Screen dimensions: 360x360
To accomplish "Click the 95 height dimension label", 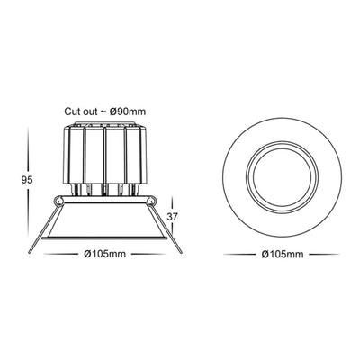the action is [27, 180].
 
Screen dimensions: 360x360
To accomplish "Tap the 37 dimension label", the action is [173, 217].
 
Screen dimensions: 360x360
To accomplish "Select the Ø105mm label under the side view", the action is [104, 254].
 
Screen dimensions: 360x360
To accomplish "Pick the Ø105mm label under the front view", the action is [283, 255].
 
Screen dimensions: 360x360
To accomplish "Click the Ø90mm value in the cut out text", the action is [127, 112].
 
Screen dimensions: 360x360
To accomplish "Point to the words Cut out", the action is [81, 112].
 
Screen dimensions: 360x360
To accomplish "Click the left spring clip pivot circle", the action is [58, 201].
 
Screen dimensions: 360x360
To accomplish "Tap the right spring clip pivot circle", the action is [152, 201].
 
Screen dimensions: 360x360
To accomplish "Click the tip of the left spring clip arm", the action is [30, 252].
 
